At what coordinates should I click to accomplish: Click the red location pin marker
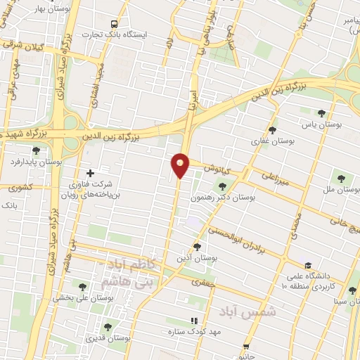coord(181,165)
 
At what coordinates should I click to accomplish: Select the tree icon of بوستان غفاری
coord(273,130)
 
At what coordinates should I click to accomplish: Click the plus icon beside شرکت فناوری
coord(89,172)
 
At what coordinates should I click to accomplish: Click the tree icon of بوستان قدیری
coord(108,327)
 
